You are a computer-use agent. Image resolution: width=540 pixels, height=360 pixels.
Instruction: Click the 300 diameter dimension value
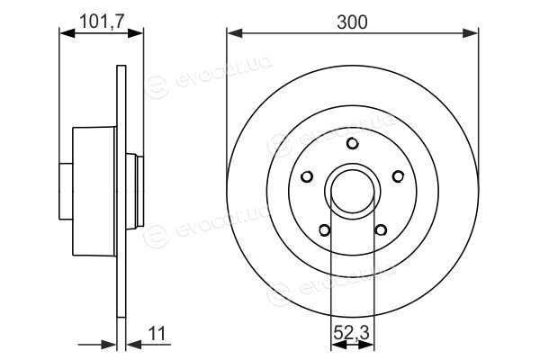352,22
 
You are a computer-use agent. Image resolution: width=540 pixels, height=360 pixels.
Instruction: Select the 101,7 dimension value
102,22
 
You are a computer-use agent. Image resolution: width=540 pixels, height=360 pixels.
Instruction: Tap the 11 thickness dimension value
157,333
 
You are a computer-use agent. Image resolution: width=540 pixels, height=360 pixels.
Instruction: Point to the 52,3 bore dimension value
351,333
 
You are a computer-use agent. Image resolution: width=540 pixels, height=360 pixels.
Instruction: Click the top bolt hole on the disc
352,144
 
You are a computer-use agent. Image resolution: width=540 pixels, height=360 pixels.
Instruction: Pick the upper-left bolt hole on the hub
307,176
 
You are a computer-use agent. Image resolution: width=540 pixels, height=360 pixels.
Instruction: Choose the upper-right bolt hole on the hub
398,176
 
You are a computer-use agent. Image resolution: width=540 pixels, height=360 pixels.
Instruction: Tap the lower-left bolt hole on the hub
324,230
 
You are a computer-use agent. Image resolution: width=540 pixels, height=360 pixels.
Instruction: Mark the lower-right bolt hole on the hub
381,229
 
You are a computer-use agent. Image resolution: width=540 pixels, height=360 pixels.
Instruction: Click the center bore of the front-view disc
353,191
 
